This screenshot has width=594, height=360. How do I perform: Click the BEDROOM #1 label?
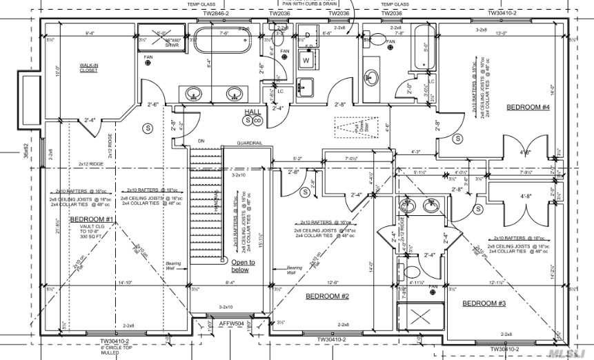pos(92,219)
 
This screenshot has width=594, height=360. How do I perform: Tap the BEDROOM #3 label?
pos(484,303)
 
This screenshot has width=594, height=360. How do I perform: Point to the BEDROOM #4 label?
pos(528,107)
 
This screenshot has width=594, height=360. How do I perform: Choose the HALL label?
pos(252,112)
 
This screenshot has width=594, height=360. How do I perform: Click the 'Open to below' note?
pos(243,266)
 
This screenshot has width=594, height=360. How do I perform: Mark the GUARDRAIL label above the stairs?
pos(249,143)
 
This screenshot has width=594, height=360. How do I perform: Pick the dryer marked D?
pos(308,34)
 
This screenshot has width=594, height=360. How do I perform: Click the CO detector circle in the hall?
pos(257,121)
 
